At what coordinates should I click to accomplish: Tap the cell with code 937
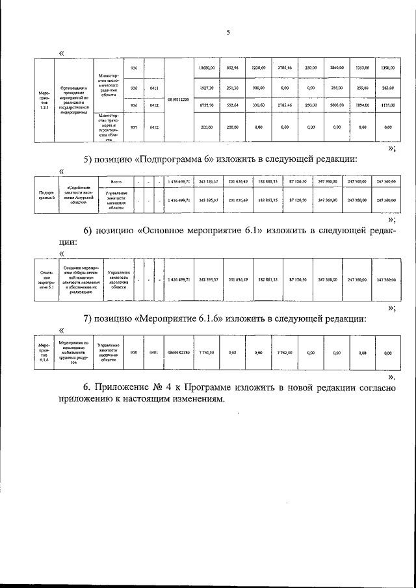(135, 127)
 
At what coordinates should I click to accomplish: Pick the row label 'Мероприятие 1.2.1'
(44, 101)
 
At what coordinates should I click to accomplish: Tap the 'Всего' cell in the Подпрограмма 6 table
(116, 181)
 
